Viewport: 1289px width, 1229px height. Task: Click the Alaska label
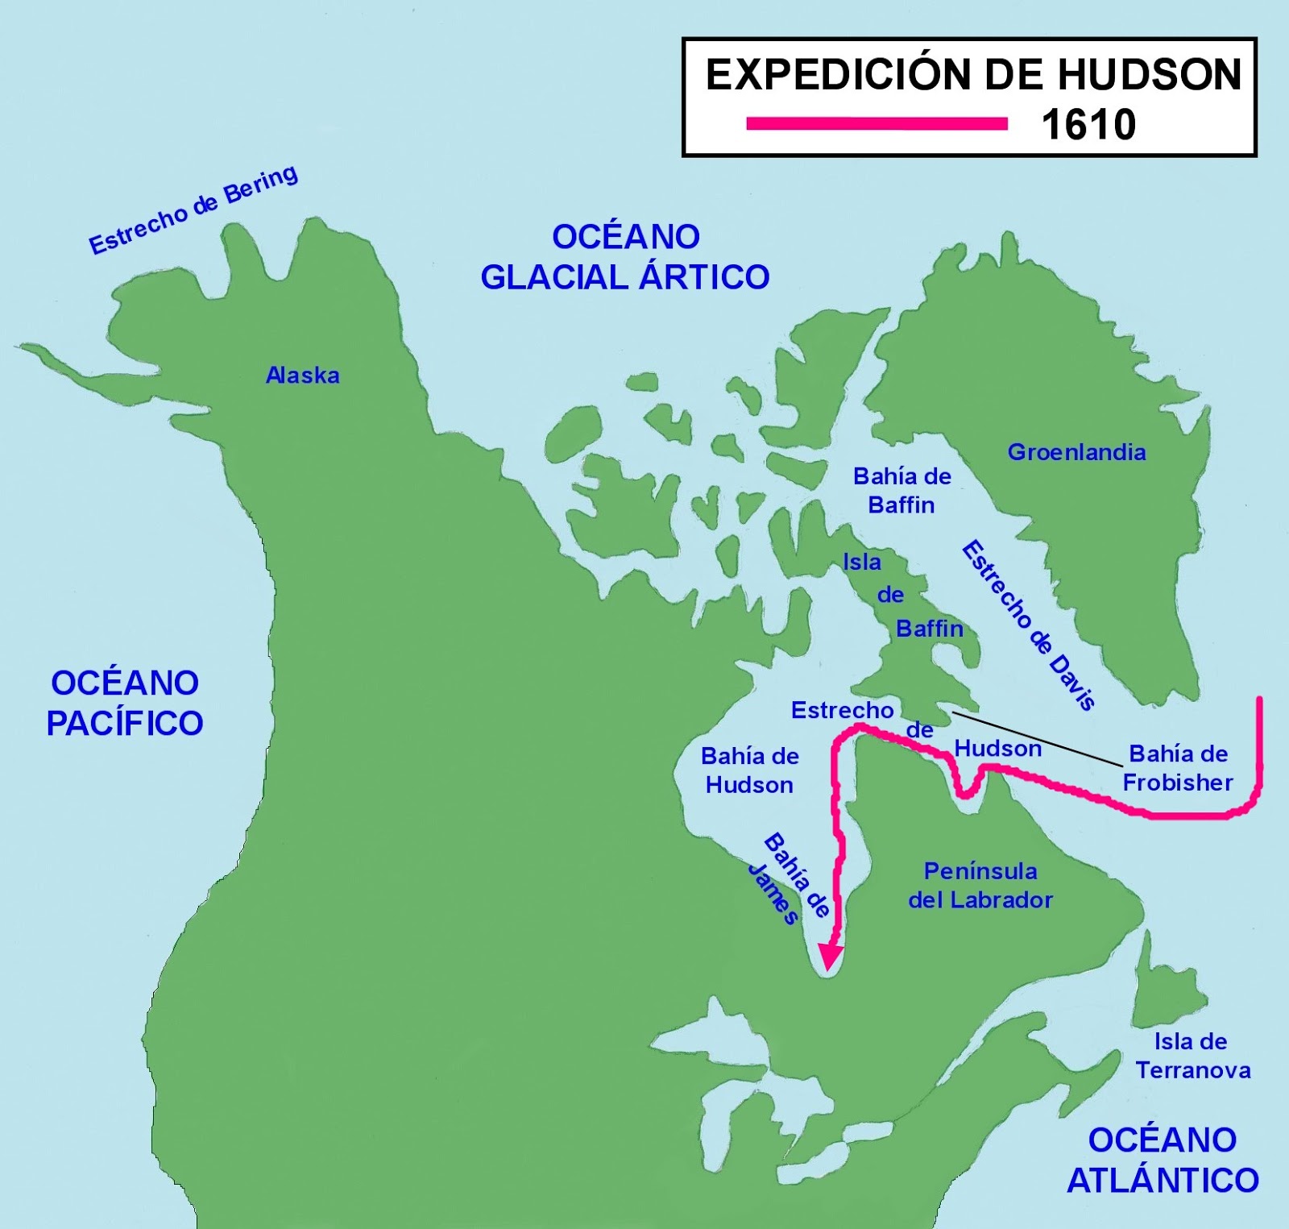[303, 376]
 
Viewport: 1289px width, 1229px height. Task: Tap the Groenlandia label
[1076, 452]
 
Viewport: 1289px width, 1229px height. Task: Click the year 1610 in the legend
[1088, 125]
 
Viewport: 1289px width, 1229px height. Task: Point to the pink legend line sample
[877, 123]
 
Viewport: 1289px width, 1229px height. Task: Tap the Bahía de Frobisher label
[1178, 768]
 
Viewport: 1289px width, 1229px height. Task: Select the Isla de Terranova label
[1192, 1056]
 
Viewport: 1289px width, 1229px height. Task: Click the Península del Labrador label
[980, 885]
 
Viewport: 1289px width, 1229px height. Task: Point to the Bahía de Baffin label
[901, 490]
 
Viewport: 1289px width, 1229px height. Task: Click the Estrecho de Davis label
[1029, 625]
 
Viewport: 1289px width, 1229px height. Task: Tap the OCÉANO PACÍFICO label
[125, 703]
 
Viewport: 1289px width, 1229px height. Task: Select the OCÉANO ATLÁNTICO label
[1163, 1160]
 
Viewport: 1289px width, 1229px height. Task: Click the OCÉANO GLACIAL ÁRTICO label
[625, 257]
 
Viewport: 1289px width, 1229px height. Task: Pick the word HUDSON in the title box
[1150, 75]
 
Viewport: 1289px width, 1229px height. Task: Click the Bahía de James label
[787, 878]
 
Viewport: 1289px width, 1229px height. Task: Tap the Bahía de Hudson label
[749, 770]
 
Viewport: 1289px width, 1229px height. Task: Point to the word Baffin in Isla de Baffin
[929, 629]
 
